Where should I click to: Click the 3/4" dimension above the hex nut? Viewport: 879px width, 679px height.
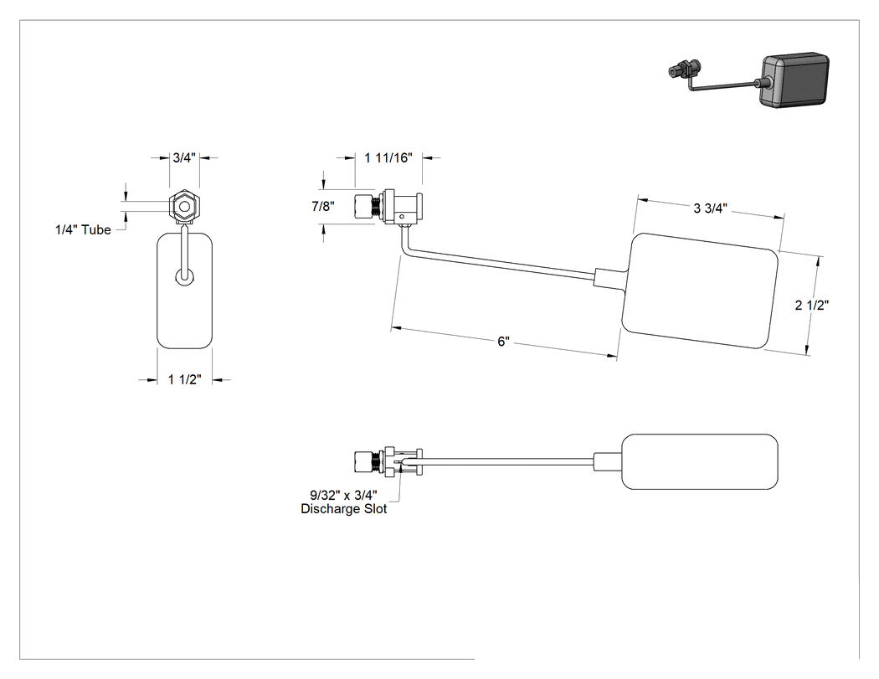(x=184, y=157)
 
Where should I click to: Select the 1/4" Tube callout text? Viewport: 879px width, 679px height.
(x=83, y=229)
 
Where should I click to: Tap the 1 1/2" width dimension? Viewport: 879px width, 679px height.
(x=184, y=379)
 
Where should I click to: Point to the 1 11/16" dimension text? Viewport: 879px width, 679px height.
(x=388, y=157)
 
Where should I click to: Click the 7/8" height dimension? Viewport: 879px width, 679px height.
(x=323, y=206)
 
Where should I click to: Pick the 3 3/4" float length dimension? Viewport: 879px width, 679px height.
(x=710, y=208)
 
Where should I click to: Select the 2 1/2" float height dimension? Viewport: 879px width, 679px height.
(x=812, y=305)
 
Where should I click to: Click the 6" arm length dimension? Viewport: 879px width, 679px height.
(x=503, y=342)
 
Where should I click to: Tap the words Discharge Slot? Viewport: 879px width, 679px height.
(x=343, y=509)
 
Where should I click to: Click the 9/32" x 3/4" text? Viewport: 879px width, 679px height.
(x=343, y=495)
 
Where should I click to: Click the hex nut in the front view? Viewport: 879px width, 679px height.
(x=184, y=207)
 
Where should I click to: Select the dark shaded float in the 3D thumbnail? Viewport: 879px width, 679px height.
(x=794, y=80)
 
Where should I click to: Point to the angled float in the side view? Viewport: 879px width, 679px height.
(x=700, y=291)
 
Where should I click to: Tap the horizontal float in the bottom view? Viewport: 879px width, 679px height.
(x=700, y=461)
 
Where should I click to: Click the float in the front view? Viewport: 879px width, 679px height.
(x=184, y=291)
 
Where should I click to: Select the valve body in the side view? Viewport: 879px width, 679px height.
(x=388, y=207)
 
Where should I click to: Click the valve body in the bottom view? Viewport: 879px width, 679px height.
(x=388, y=462)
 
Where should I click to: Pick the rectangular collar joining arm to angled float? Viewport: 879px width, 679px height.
(x=608, y=277)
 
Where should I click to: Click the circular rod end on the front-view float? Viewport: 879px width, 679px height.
(x=184, y=276)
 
